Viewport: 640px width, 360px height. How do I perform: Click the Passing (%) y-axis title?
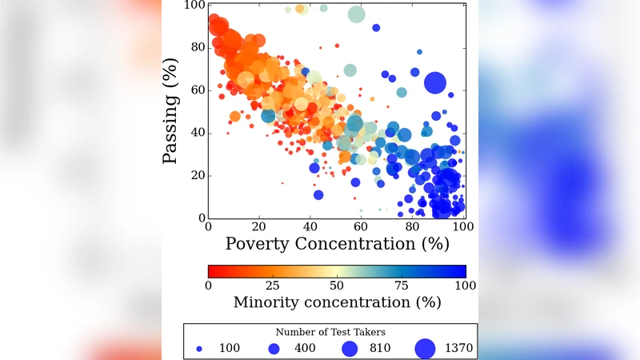[170, 112]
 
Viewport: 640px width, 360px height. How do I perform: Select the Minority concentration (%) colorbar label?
[337, 302]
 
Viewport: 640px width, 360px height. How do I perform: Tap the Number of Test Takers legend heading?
[330, 331]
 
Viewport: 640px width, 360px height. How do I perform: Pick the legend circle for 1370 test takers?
[424, 349]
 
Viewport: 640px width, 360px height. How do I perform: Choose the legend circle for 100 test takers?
[199, 350]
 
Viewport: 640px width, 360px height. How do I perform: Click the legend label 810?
[377, 350]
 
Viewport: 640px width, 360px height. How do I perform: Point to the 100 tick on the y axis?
[193, 6]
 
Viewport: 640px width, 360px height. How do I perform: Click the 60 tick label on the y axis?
[196, 90]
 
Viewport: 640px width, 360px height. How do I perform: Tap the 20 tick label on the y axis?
[196, 176]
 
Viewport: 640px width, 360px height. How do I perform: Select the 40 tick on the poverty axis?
[310, 227]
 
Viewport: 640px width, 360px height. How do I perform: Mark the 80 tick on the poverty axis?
[412, 227]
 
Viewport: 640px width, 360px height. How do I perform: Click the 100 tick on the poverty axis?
[460, 227]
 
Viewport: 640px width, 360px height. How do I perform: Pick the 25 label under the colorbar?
[272, 286]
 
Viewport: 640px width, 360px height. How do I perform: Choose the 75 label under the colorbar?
[401, 286]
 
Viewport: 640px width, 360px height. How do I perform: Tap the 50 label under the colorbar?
[337, 286]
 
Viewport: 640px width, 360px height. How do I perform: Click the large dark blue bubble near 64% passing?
[435, 82]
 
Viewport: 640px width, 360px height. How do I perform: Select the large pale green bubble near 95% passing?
[357, 14]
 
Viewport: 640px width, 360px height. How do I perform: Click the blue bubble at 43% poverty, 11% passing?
[318, 194]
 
